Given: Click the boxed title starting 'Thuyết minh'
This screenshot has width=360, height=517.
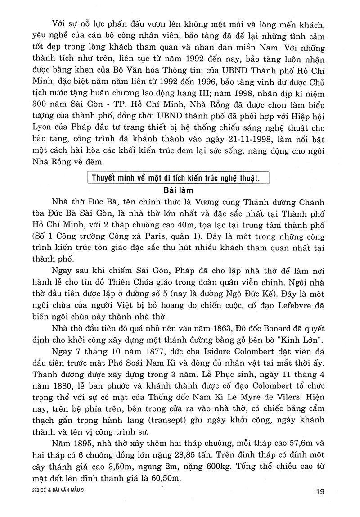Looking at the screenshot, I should coord(177,177).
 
